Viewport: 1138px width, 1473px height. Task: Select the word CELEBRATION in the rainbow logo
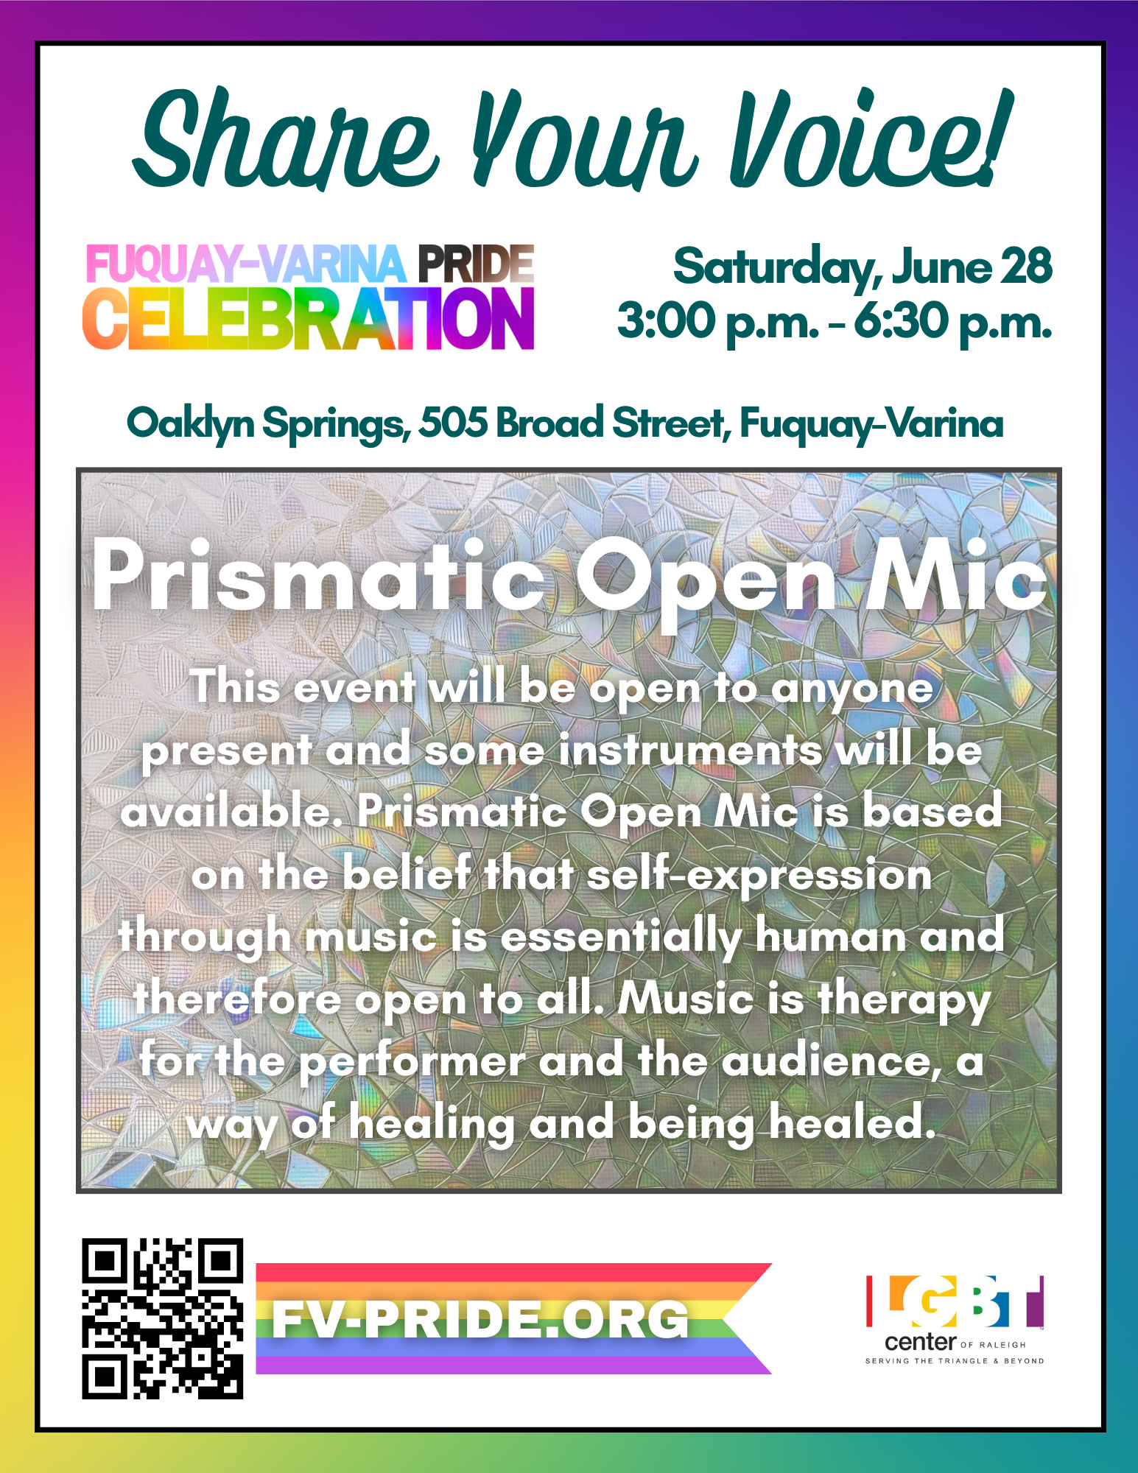(308, 318)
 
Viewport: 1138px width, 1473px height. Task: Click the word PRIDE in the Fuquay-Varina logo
(476, 264)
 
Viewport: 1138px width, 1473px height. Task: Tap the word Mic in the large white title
(956, 574)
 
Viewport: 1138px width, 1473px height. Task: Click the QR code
(162, 1318)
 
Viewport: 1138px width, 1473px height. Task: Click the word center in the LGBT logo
(920, 1342)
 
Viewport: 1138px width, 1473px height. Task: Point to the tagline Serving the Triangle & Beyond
(955, 1361)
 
